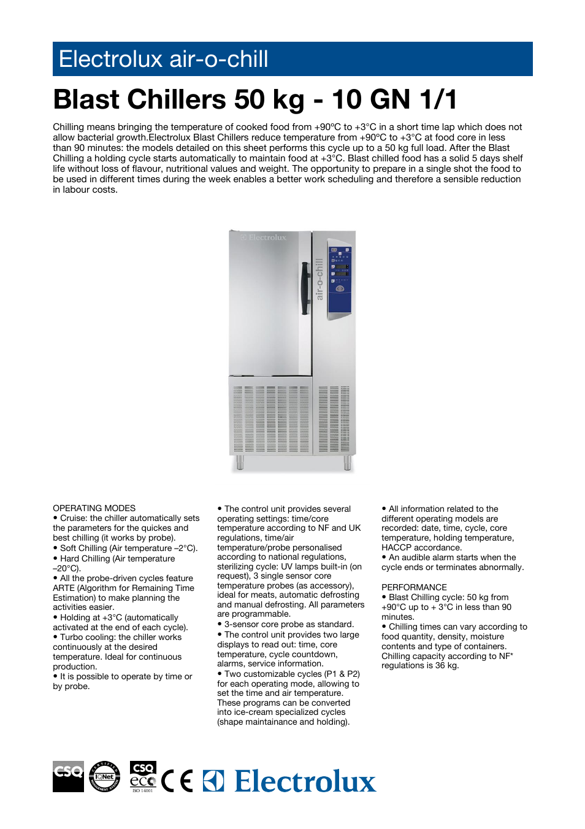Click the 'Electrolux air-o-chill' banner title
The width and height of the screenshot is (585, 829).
click(x=163, y=59)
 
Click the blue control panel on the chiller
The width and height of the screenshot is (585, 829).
click(x=340, y=279)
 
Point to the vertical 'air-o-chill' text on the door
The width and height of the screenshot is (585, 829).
click(x=319, y=279)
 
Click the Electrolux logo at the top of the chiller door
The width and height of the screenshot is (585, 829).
click(x=264, y=237)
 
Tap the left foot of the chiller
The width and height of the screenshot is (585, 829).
click(x=240, y=462)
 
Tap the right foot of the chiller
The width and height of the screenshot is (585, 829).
click(x=347, y=462)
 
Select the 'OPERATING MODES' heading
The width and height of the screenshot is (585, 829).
click(x=94, y=508)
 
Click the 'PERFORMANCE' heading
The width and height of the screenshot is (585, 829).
click(x=414, y=587)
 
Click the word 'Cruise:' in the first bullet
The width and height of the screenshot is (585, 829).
click(x=74, y=519)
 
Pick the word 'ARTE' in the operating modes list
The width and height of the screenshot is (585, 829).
click(x=64, y=588)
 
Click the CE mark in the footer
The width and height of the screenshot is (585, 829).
click(x=177, y=781)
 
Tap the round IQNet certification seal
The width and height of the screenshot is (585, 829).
click(x=104, y=776)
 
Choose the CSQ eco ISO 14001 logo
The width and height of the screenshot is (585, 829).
click(x=143, y=776)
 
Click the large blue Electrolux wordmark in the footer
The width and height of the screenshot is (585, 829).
click(x=304, y=781)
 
